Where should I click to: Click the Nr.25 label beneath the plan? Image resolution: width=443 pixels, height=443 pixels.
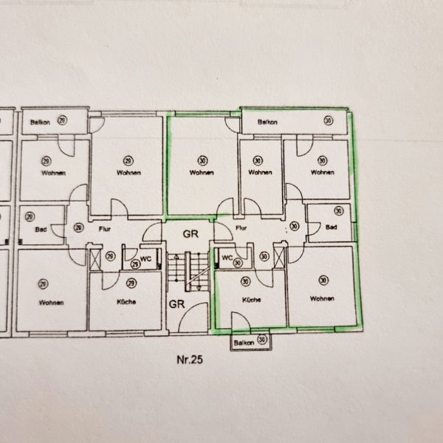coord(190,360)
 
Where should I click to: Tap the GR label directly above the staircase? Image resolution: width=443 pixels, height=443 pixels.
coord(190,234)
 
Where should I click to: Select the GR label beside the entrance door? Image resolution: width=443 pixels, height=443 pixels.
coord(177,304)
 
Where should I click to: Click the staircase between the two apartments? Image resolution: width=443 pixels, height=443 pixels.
coord(188,272)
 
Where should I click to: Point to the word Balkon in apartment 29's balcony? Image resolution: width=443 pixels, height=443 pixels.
coord(40,123)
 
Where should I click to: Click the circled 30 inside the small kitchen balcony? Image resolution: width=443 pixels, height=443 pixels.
coord(262,339)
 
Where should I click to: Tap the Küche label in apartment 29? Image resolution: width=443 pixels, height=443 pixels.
coord(126,302)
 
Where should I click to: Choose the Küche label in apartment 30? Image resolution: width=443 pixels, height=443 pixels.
coord(251,300)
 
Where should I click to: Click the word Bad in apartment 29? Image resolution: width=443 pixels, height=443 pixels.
coord(41,230)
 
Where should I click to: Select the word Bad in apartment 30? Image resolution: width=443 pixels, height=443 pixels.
coord(331,227)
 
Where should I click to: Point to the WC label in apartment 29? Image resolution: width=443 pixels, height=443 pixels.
coord(145,259)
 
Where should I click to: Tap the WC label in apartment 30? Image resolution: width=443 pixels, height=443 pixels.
coord(227,258)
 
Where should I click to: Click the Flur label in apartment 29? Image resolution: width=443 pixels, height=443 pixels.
coord(105,229)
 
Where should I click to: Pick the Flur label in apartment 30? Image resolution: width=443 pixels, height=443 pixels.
coord(241,227)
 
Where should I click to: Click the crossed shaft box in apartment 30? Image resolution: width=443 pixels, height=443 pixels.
coord(279,258)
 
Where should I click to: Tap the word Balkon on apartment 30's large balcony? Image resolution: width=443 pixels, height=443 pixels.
coord(267,122)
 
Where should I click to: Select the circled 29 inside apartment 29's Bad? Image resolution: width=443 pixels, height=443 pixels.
coord(30,216)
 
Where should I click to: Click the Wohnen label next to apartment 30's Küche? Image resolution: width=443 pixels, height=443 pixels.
coord(322,298)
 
